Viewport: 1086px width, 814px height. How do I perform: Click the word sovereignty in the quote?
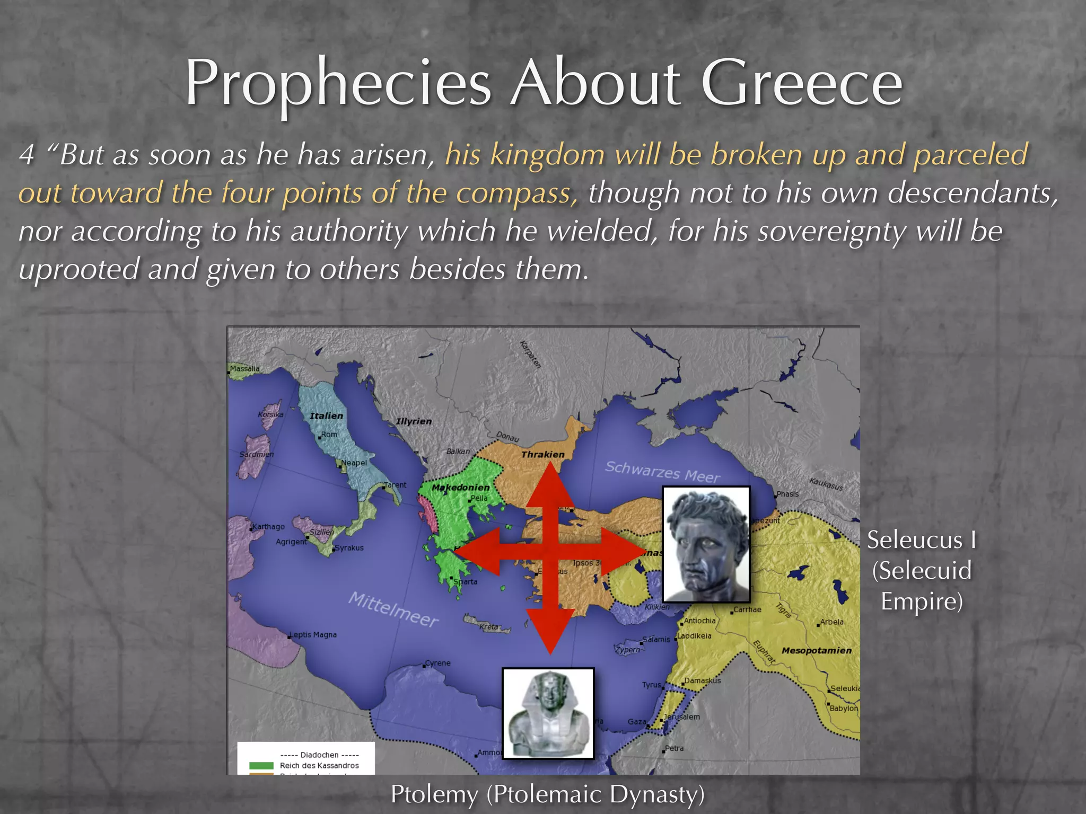(831, 231)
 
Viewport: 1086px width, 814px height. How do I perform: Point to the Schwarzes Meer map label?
(662, 472)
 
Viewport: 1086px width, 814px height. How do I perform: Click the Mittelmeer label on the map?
(393, 609)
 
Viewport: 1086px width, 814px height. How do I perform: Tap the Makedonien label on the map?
(460, 488)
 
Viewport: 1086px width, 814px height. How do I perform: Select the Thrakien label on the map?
(542, 455)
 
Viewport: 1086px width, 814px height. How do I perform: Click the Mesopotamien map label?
(816, 650)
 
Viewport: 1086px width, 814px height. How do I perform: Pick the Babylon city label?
(844, 709)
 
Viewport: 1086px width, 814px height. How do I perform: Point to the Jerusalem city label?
(682, 717)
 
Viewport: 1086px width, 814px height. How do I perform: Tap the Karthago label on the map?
(268, 527)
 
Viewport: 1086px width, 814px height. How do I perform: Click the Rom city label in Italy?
(329, 435)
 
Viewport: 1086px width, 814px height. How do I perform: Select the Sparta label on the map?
(465, 581)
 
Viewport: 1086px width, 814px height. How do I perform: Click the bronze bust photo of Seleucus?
(706, 544)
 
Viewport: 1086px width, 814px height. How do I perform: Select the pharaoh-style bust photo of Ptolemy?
(548, 713)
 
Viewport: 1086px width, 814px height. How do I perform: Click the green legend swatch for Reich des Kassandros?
(261, 766)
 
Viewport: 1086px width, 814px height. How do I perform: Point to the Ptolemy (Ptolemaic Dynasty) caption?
(547, 794)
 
